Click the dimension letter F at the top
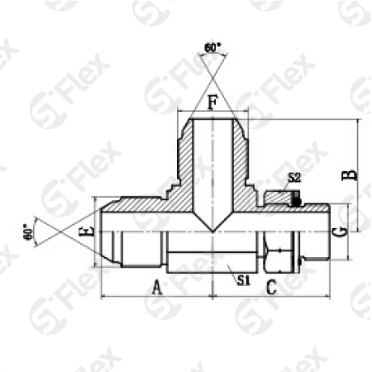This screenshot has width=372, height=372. [x=212, y=103]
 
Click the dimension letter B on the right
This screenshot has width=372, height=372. [x=350, y=174]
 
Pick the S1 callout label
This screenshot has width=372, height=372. [x=242, y=280]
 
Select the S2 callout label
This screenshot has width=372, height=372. [x=294, y=178]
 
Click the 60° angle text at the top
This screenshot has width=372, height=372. [x=214, y=49]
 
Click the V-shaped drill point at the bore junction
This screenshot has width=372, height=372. [x=212, y=228]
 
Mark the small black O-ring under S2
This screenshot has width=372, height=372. [x=295, y=198]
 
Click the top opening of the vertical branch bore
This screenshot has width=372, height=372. [x=212, y=120]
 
